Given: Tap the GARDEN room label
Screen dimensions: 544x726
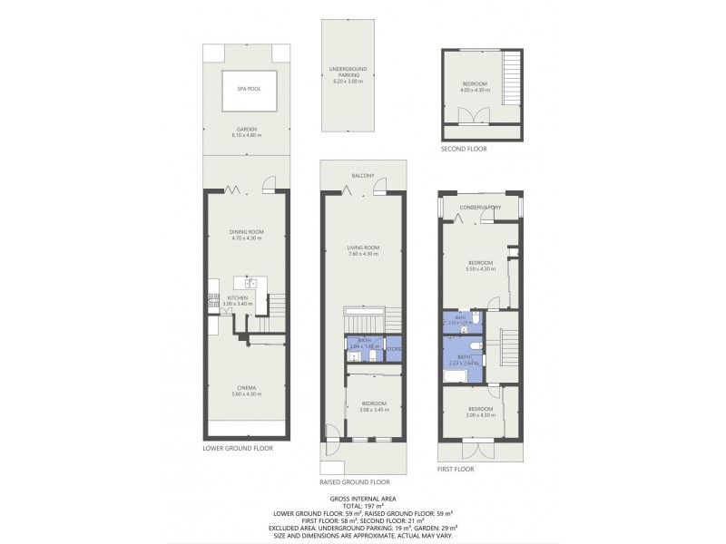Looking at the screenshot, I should click(246, 129).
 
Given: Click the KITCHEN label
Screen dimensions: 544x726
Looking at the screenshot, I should click(238, 297).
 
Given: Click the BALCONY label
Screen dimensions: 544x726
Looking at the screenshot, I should click(364, 175).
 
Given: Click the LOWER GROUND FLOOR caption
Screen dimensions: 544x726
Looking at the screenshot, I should click(238, 448).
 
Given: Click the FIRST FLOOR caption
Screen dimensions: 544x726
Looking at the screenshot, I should click(456, 469).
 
